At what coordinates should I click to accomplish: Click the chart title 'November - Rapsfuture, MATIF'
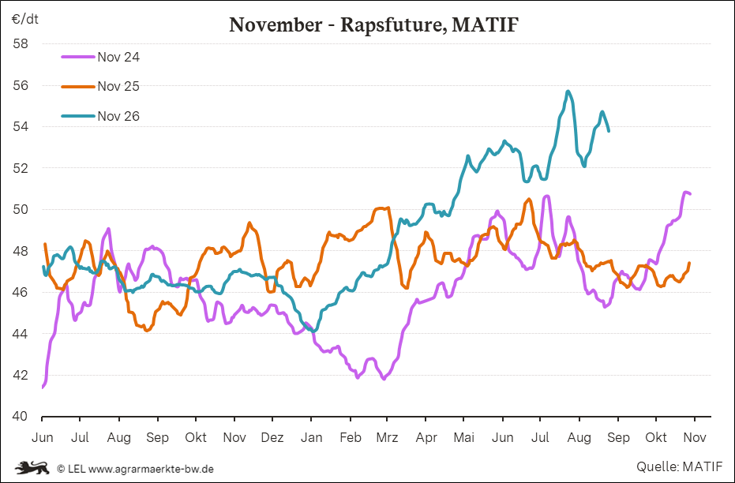[373, 24]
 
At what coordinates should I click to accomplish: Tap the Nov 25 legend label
[118, 87]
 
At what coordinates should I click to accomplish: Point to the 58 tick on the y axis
[21, 44]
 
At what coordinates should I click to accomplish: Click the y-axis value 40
[21, 416]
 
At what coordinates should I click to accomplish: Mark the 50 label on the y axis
[21, 209]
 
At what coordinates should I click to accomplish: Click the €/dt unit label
[24, 19]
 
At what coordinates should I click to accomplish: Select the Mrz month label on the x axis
[387, 437]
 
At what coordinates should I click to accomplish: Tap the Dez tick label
[272, 437]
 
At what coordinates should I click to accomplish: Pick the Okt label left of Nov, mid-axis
[196, 437]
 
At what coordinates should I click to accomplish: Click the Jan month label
[311, 437]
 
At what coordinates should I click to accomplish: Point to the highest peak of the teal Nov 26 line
[568, 91]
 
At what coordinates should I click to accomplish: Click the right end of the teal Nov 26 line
[609, 131]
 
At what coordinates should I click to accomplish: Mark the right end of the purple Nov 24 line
[690, 193]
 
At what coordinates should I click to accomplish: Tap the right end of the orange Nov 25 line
[689, 263]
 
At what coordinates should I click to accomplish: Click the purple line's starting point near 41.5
[43, 388]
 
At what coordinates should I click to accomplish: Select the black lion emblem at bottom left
[32, 467]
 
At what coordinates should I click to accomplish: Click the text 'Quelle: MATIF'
[679, 466]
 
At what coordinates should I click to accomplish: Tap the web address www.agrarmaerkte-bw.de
[151, 469]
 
